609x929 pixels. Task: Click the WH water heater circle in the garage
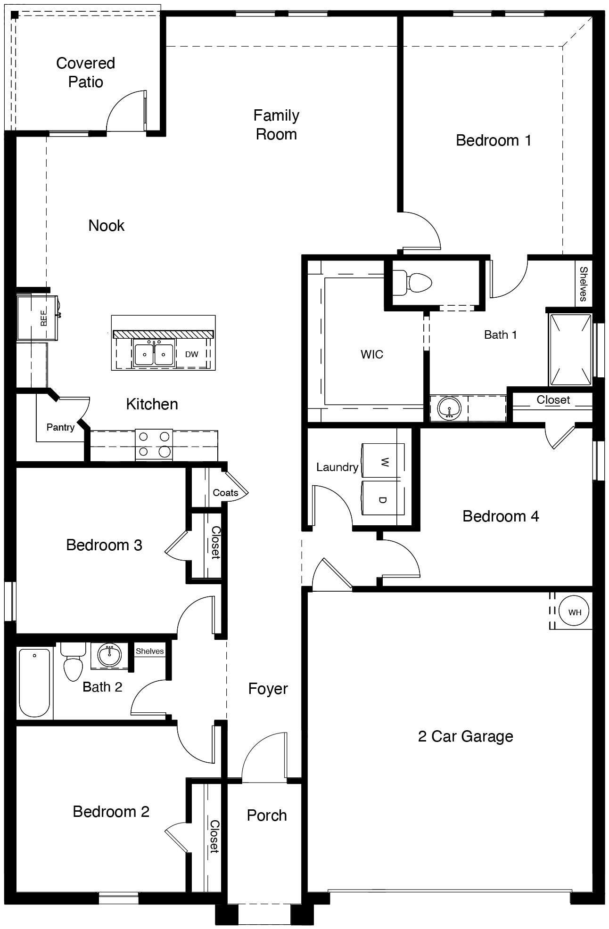point(575,612)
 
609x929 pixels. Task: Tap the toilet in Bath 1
point(413,283)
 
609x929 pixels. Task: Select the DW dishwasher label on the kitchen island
point(191,354)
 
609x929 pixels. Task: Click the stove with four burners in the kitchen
point(154,445)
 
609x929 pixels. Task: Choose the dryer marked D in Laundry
point(383,500)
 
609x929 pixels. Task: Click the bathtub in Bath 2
point(34,683)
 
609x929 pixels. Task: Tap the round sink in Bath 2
point(110,655)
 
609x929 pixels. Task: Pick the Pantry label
point(60,427)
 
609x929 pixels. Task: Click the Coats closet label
point(225,493)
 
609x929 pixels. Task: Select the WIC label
point(372,354)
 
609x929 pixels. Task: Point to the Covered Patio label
point(85,73)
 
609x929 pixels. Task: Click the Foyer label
point(268,689)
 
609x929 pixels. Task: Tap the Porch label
point(267,815)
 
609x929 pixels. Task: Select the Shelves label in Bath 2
point(149,651)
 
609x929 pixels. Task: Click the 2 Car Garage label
point(465,736)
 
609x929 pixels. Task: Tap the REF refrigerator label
point(44,318)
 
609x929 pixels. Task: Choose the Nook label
point(107,226)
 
